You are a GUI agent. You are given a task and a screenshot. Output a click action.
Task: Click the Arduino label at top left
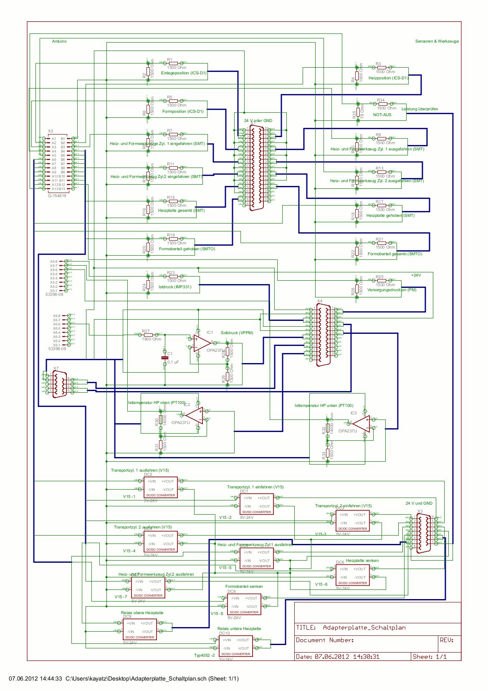tap(59, 41)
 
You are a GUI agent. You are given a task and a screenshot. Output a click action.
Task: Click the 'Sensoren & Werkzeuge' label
tap(437, 41)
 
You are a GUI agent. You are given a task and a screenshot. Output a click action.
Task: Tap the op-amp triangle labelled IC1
tap(202, 343)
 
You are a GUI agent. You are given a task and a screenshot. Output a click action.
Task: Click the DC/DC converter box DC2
tap(161, 487)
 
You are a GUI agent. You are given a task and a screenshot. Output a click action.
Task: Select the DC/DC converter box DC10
tap(236, 646)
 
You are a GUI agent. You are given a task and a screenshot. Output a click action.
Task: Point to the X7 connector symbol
tap(59, 384)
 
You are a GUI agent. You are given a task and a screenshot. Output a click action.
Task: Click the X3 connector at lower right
tap(423, 533)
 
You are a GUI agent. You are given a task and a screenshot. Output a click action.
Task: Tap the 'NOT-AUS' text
tap(382, 114)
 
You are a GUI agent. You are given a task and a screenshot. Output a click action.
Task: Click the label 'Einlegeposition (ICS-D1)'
tap(184, 73)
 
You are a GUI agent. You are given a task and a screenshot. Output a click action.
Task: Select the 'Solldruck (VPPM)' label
tap(237, 333)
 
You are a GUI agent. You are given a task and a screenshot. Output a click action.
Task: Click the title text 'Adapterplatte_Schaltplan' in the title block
tap(364, 627)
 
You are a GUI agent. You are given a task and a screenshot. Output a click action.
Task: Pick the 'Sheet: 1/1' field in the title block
tap(430, 657)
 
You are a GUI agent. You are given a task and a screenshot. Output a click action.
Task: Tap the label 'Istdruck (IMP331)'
tap(175, 287)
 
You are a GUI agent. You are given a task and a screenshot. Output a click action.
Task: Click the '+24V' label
tap(416, 275)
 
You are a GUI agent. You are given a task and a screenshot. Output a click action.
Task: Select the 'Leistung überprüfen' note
tap(420, 109)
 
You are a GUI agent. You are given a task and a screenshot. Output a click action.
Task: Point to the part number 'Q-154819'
tap(57, 196)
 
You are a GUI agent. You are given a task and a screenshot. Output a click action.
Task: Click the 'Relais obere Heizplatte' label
tap(142, 613)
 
